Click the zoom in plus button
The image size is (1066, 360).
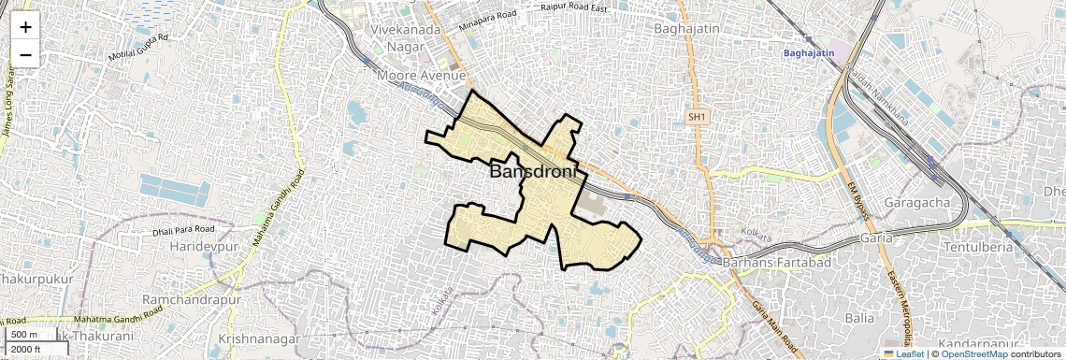(x=25, y=26)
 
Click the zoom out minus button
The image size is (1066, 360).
(x=25, y=54)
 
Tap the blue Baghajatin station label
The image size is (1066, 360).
(x=809, y=54)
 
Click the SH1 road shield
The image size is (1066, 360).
(x=696, y=117)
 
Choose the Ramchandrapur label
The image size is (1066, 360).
(x=191, y=299)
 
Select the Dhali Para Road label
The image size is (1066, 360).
(x=184, y=229)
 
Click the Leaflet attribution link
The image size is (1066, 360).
(x=904, y=353)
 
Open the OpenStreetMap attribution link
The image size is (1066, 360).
(x=973, y=353)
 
